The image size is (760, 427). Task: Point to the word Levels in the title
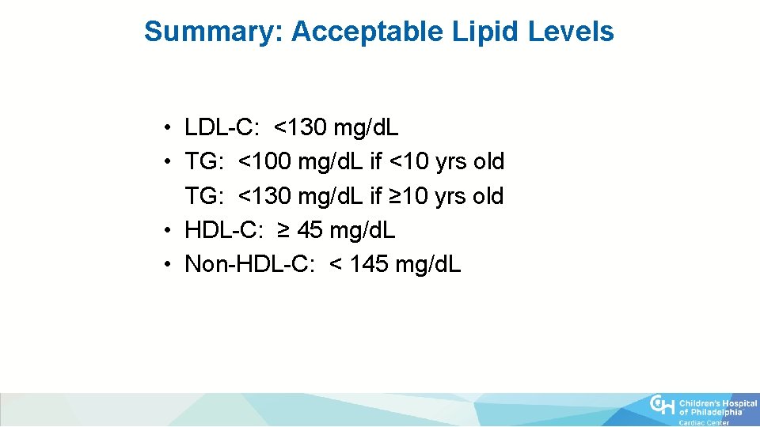coord(572,32)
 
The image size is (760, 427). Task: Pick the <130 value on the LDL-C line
coord(301,127)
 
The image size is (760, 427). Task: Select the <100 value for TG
coord(265,161)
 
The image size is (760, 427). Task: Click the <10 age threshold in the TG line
coord(408,161)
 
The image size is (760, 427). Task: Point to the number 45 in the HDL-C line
coord(310,230)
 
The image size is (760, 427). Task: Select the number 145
coord(369,264)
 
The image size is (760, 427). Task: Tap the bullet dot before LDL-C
coord(169,127)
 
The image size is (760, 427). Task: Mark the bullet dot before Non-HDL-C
coord(169,265)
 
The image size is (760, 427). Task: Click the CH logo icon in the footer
coord(663,406)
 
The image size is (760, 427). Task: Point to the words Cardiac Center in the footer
coord(705,422)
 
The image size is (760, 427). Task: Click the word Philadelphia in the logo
coord(717,412)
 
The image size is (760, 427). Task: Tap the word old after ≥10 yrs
coord(488,196)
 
